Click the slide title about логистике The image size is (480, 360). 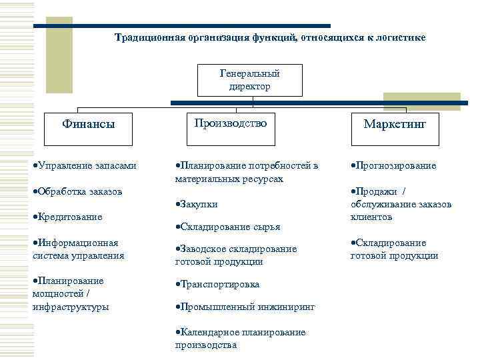(270, 37)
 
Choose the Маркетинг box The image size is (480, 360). (395, 125)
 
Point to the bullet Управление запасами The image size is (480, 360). (85, 165)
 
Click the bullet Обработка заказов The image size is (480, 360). (77, 191)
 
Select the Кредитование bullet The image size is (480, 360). (67, 217)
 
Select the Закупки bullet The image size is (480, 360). (197, 204)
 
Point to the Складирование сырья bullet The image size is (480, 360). (227, 227)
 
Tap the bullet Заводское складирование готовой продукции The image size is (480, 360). (235, 255)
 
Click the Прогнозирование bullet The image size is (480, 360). (393, 165)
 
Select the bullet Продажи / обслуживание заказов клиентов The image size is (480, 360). (401, 204)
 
